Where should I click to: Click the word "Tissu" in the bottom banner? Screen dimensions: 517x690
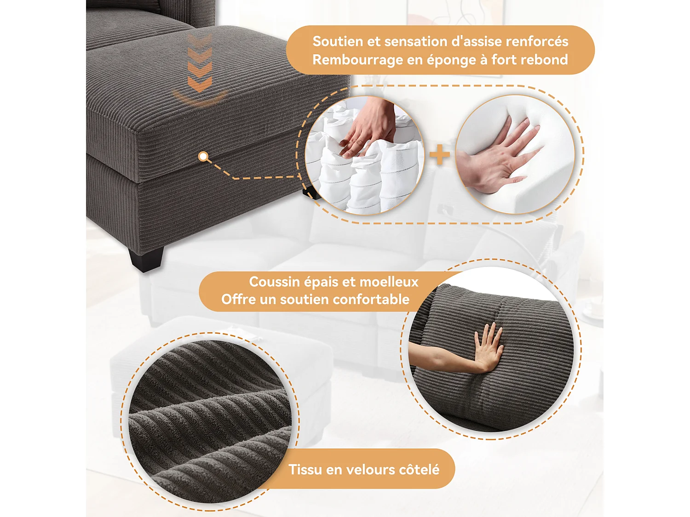point(305,470)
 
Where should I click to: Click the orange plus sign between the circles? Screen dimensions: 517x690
point(440,154)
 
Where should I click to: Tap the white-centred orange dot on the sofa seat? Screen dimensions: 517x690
point(203,157)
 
